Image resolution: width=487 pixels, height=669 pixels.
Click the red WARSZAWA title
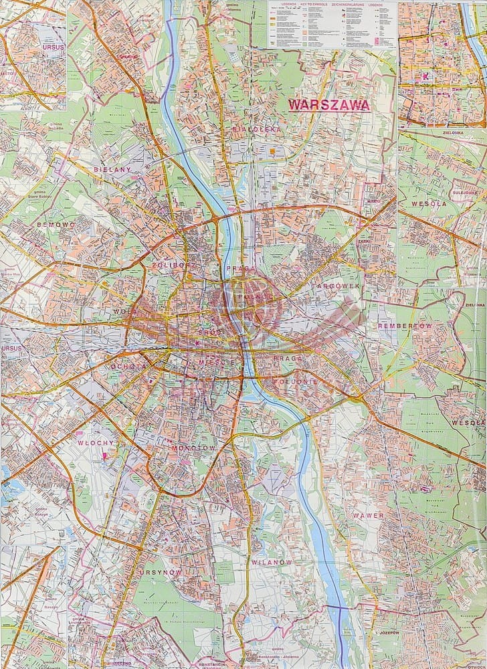pyautogui.click(x=328, y=105)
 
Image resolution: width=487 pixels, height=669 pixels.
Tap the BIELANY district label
pyautogui.click(x=112, y=170)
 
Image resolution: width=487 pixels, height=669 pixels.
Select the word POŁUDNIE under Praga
pyautogui.click(x=292, y=381)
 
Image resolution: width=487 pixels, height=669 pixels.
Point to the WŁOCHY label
pyautogui.click(x=93, y=443)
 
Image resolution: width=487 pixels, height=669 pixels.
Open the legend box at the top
pyautogui.click(x=330, y=24)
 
